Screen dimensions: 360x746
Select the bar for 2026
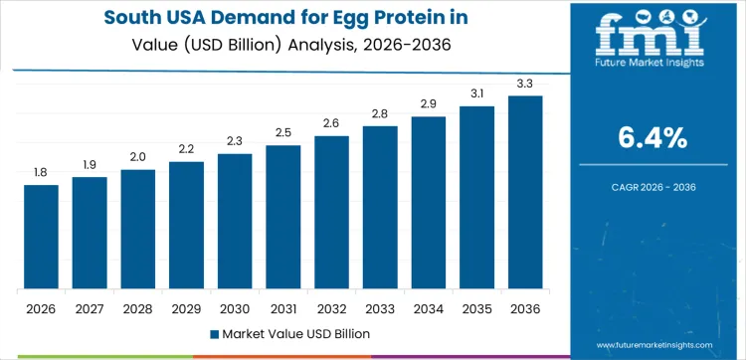pyautogui.click(x=41, y=237)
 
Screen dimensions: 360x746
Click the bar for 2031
pyautogui.click(x=282, y=217)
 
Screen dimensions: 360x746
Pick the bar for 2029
pyautogui.click(x=186, y=225)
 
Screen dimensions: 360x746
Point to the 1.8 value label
pyautogui.click(x=41, y=173)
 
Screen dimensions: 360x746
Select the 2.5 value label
pyautogui.click(x=282, y=133)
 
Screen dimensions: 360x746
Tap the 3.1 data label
pyautogui.click(x=476, y=93)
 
